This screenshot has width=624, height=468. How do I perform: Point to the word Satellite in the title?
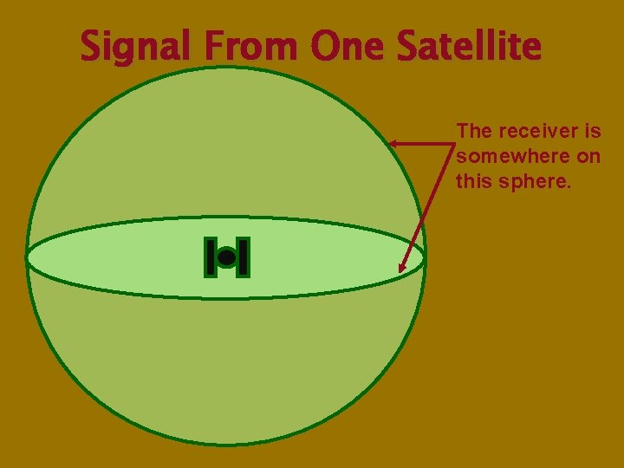click(x=469, y=47)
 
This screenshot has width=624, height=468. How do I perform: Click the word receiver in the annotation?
click(x=537, y=131)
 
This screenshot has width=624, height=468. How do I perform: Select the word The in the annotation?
click(x=474, y=131)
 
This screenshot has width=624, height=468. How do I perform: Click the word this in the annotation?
click(x=472, y=183)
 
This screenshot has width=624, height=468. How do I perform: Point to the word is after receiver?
click(x=593, y=131)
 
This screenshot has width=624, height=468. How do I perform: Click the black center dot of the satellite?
click(x=226, y=257)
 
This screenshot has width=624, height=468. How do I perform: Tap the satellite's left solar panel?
click(x=211, y=257)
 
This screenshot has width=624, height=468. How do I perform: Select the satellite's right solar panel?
click(x=243, y=257)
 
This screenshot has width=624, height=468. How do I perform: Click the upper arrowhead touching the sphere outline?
click(x=393, y=143)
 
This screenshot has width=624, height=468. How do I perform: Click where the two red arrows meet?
click(x=452, y=144)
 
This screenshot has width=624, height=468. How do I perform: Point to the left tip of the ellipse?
click(x=27, y=257)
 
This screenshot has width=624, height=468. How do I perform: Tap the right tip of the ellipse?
click(x=425, y=257)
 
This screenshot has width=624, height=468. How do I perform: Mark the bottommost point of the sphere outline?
click(x=226, y=445)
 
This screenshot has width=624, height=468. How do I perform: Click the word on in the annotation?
click(x=590, y=157)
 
